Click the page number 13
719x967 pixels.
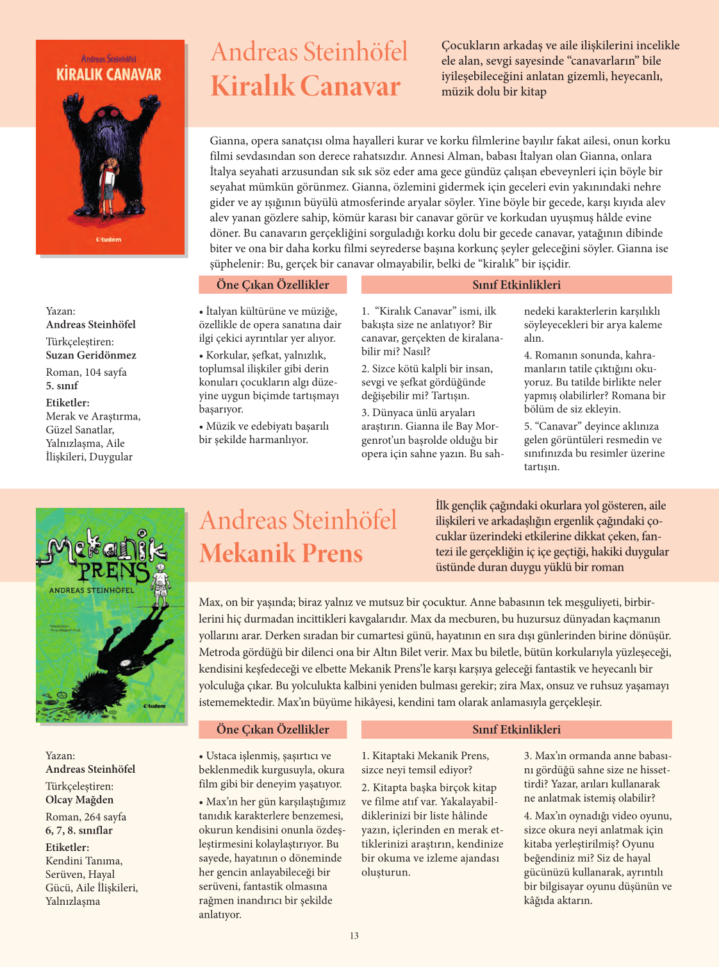coord(354,936)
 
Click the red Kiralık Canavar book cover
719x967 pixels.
coord(110,147)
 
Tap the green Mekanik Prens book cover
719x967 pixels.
coord(110,616)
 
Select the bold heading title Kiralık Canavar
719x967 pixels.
coord(306,86)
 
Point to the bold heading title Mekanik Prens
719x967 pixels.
coord(281,553)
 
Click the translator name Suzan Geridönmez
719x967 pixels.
coord(91,355)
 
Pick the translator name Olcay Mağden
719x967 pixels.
coord(79,800)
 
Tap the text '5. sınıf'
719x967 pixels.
coord(62,385)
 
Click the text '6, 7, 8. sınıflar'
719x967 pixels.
coord(79,830)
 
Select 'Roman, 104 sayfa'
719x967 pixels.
coord(86,372)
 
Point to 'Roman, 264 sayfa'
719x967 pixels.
coord(86,816)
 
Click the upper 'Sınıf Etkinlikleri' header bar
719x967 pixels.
coord(517,285)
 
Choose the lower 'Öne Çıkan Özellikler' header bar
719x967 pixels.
coord(272,729)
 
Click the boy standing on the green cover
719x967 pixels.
coord(161,580)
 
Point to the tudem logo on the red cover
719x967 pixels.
coord(108,240)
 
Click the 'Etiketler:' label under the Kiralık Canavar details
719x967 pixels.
coord(67,403)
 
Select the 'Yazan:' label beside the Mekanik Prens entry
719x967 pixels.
coord(60,755)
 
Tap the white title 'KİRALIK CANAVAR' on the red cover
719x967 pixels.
coord(109,75)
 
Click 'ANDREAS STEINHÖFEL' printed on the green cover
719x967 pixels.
coord(92,589)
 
